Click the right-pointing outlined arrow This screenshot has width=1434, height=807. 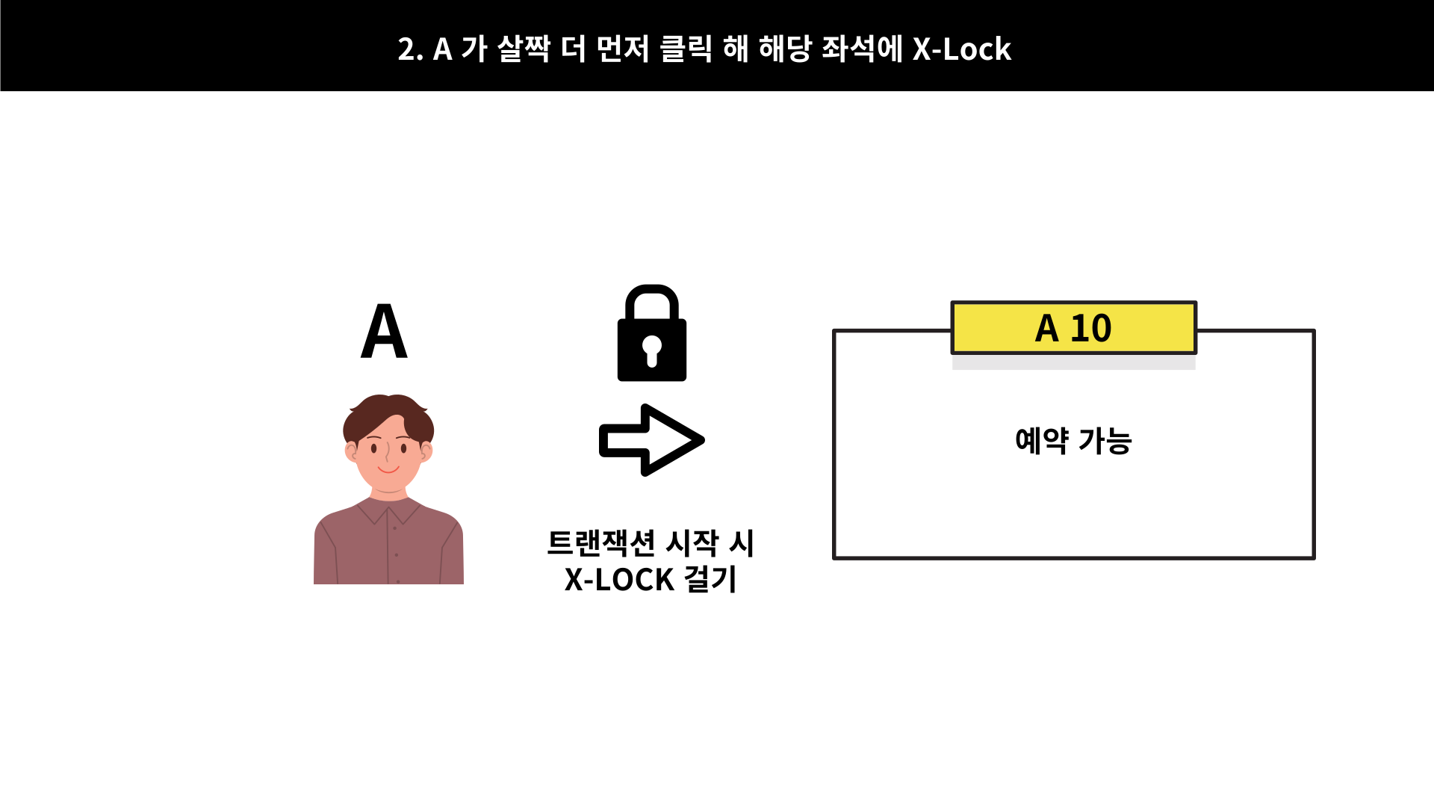point(651,440)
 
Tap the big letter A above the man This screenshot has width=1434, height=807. point(384,331)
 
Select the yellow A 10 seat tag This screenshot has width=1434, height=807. point(1073,328)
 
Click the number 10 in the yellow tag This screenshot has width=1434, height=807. point(1091,328)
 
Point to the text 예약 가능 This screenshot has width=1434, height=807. point(1073,441)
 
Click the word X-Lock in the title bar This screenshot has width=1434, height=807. point(962,49)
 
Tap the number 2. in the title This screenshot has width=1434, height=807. point(410,49)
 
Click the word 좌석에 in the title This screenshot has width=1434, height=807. point(862,49)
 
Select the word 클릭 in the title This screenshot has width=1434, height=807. point(686,49)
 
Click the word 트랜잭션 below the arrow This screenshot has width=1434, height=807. point(601,543)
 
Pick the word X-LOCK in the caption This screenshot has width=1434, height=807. point(619,580)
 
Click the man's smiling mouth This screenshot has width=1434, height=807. point(388,470)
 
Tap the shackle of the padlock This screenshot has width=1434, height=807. point(651,299)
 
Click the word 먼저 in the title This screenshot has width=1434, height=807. point(624,49)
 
